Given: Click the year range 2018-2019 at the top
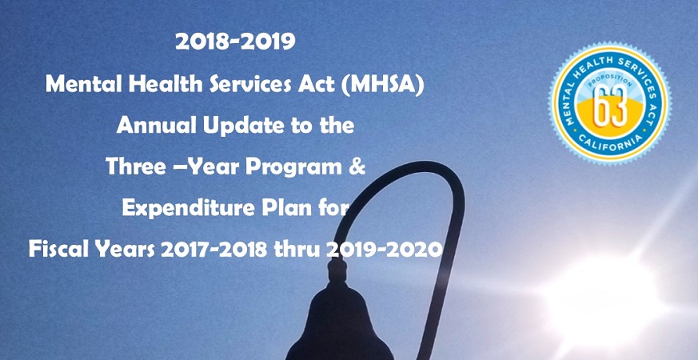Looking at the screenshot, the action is [x=235, y=42].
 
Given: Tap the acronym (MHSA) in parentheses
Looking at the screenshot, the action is [x=382, y=84].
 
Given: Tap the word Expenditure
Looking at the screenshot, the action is [x=181, y=209].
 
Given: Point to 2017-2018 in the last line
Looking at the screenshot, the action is [x=214, y=250].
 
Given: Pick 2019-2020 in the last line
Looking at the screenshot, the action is [x=384, y=250].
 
